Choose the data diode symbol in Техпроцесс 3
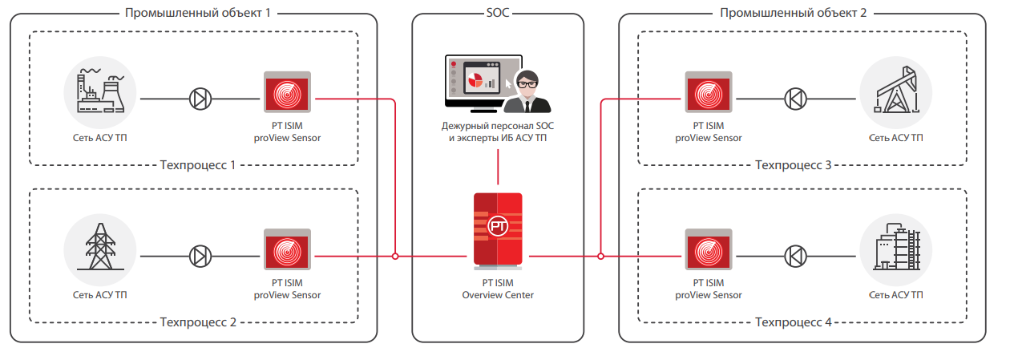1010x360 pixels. tap(795, 99)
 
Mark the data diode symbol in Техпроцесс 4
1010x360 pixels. tap(795, 257)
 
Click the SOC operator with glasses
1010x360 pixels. tap(528, 91)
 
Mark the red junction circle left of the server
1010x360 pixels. tap(395, 257)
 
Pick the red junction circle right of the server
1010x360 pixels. tap(600, 257)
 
